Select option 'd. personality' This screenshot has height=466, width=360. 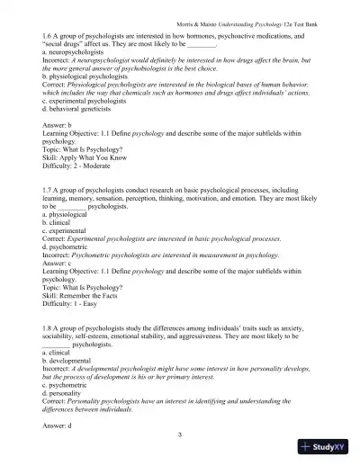point(65,393)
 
